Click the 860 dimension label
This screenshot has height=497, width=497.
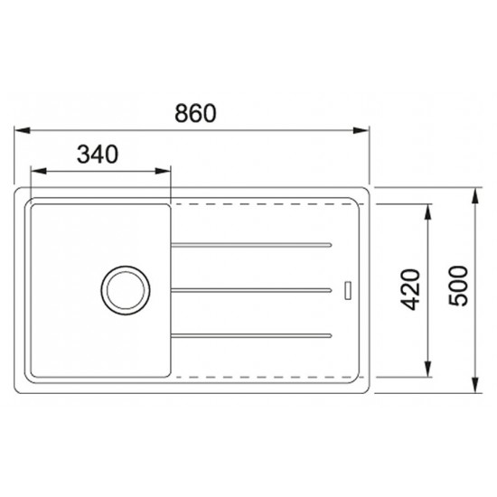(x=195, y=113)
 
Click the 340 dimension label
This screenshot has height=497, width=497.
(x=98, y=155)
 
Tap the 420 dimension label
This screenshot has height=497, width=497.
(x=410, y=289)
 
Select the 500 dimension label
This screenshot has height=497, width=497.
(x=458, y=286)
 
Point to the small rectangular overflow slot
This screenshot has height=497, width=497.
(x=348, y=290)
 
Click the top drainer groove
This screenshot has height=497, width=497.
(x=251, y=245)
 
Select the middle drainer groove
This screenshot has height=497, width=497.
(x=251, y=290)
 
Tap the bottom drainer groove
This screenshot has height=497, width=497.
(x=251, y=335)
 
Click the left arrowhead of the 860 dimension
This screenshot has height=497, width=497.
(x=23, y=130)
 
